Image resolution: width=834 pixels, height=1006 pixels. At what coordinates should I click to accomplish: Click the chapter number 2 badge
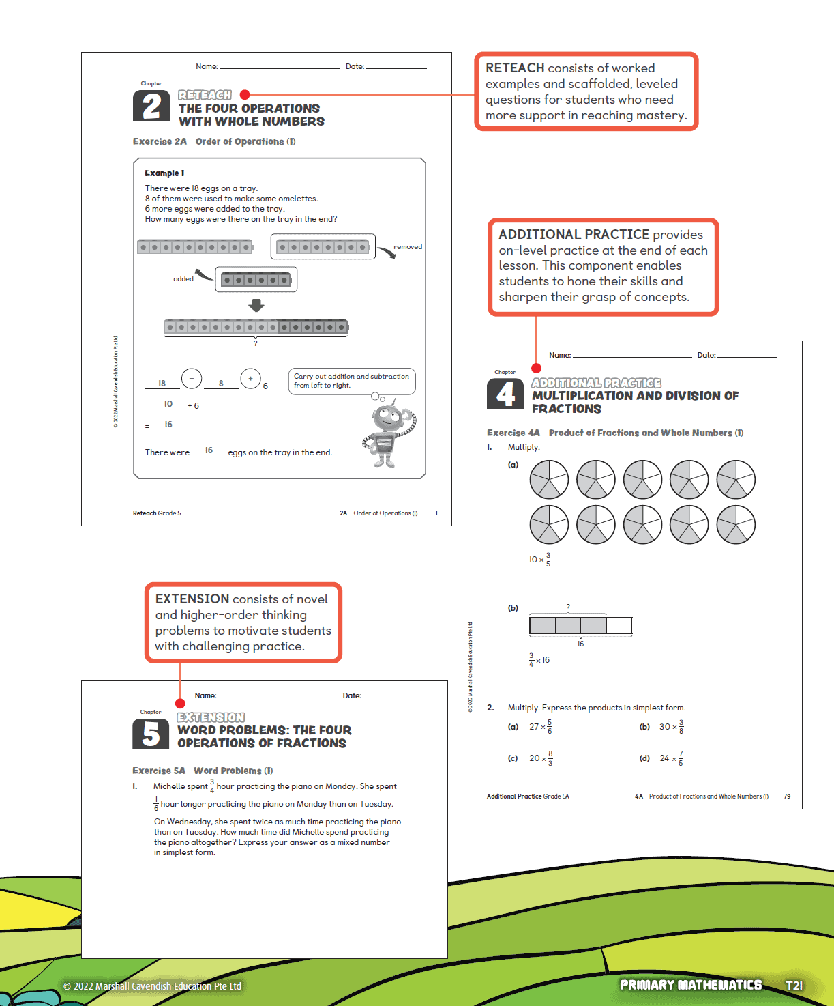tap(151, 106)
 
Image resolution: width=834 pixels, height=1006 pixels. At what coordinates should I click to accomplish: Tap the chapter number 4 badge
tap(505, 394)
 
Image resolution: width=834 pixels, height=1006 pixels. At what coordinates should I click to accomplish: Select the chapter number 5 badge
tap(151, 734)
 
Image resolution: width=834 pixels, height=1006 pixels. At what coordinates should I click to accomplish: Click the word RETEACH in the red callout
tap(515, 68)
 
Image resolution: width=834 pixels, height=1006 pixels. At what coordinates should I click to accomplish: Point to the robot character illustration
tap(388, 434)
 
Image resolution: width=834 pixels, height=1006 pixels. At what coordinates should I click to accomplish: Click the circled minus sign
tap(192, 378)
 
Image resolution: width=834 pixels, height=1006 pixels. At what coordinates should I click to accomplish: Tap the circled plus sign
tap(250, 378)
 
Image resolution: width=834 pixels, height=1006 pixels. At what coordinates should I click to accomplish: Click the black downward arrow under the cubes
tap(256, 305)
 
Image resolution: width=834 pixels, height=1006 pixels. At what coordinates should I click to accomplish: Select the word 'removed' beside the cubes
tap(408, 247)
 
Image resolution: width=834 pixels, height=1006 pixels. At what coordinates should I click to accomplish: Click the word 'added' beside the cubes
tap(183, 278)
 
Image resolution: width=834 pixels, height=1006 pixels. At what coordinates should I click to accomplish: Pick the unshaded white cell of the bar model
tap(619, 625)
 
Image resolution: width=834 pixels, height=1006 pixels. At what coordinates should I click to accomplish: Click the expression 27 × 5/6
tap(541, 727)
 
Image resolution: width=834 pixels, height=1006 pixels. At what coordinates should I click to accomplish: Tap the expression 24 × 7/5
tap(671, 758)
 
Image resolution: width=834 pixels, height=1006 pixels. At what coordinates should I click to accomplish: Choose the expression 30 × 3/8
tap(671, 727)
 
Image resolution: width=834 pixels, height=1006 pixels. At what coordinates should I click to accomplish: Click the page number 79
tap(787, 796)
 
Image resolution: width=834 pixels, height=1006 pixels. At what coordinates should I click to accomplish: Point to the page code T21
tap(794, 986)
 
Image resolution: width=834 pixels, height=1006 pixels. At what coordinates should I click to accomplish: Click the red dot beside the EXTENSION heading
tap(180, 704)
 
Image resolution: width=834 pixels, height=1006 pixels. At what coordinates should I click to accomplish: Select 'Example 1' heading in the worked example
tap(164, 173)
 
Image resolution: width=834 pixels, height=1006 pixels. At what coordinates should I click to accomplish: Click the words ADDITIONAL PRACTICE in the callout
tap(574, 235)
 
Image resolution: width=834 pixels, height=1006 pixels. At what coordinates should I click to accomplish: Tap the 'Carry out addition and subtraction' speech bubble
tap(351, 381)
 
